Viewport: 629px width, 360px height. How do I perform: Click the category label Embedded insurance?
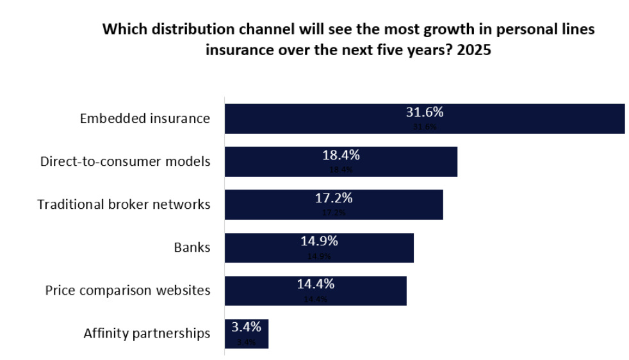145,119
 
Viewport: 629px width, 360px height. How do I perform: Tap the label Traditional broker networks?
124,204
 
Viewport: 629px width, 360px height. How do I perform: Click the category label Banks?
192,247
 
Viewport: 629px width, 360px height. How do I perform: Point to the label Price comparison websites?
127,290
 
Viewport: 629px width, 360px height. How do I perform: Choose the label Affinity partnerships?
147,333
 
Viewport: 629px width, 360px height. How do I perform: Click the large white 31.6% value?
425,112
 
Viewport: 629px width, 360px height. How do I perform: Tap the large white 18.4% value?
340,155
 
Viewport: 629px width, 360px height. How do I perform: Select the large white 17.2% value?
333,198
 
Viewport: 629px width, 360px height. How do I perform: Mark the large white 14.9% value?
319,241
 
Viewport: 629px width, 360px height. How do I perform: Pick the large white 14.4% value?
315,284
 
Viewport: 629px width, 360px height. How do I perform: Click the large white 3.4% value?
246,327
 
